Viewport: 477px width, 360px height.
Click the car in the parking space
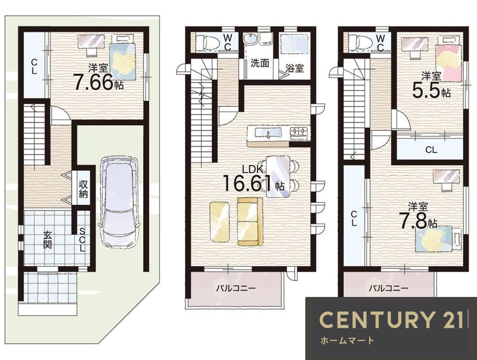(x=119, y=202)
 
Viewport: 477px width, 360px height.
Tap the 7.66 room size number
(x=93, y=82)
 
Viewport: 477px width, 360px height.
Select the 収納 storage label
(x=83, y=189)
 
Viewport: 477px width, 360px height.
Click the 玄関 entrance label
(x=47, y=240)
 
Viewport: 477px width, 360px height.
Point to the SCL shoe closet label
(x=83, y=240)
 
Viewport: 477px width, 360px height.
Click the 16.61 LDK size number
(x=248, y=183)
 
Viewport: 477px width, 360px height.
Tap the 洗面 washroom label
(x=259, y=63)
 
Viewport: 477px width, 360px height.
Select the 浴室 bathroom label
(x=294, y=68)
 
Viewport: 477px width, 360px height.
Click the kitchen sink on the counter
(x=268, y=133)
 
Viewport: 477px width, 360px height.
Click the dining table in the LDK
(x=278, y=176)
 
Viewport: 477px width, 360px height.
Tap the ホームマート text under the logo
(x=347, y=340)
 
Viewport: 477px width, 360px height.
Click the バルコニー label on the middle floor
(x=236, y=288)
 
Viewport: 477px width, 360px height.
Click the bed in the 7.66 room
(x=123, y=57)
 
